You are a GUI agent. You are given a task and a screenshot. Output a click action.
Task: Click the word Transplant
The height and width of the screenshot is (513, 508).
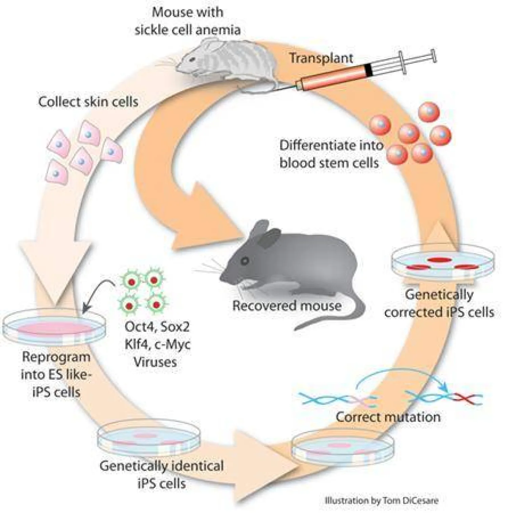click(321, 58)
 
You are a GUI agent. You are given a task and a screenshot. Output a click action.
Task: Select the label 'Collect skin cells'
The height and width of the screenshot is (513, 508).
click(88, 102)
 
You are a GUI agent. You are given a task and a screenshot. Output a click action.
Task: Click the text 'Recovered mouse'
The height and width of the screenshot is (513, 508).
click(287, 305)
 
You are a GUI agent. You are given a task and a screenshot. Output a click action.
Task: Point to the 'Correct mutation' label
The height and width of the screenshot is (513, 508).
click(388, 416)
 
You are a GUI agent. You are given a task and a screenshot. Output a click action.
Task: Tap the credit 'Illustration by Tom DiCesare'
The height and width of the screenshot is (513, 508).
click(381, 500)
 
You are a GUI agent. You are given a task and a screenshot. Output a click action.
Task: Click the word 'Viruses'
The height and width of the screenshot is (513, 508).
click(155, 362)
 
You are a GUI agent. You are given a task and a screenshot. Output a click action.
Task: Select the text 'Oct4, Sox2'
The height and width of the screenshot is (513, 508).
click(157, 327)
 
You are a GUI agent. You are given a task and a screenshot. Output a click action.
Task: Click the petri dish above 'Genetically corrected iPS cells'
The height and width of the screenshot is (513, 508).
click(443, 262)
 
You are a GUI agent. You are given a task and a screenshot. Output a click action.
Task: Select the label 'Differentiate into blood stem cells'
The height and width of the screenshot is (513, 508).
click(330, 154)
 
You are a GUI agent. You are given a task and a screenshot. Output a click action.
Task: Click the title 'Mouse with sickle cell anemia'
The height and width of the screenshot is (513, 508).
click(188, 21)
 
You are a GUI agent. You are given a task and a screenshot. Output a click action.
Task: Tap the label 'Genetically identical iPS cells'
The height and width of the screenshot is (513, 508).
click(162, 474)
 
